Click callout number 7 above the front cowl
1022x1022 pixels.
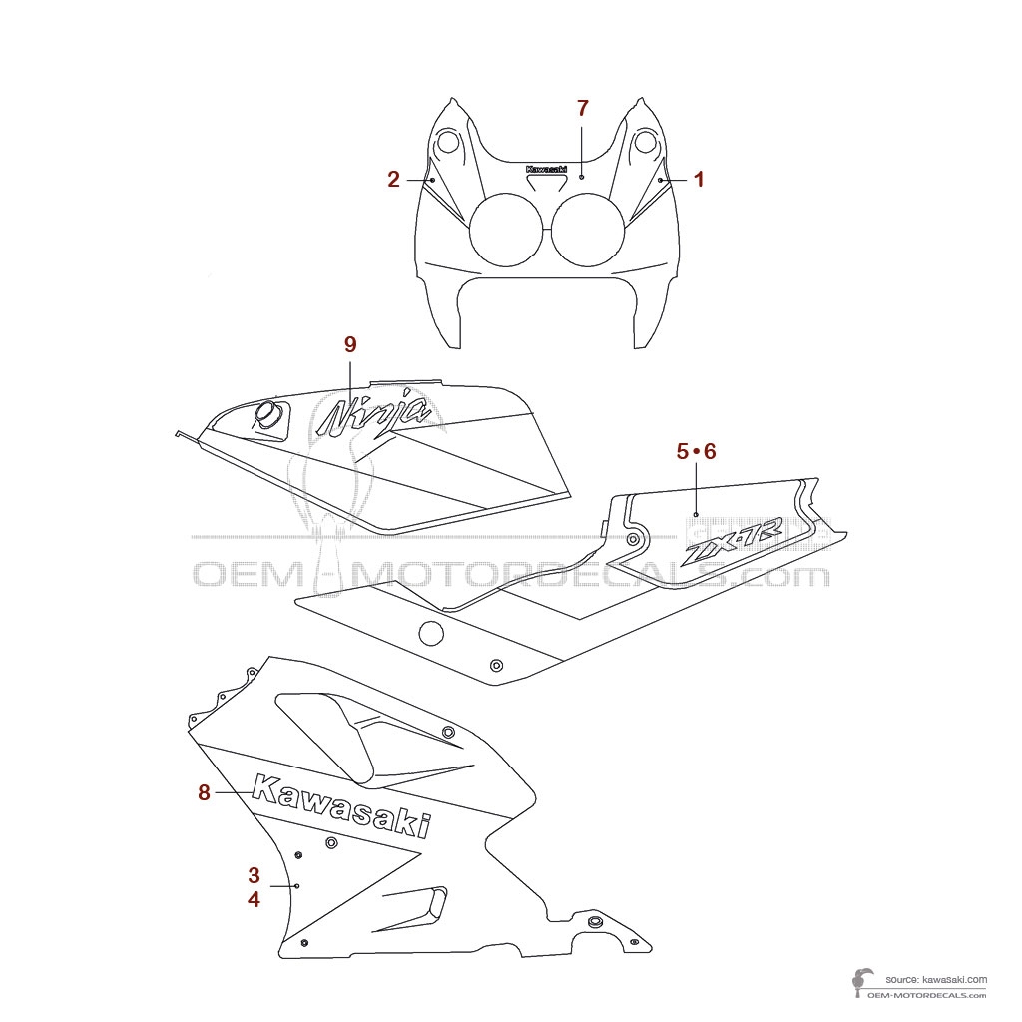coord(583,108)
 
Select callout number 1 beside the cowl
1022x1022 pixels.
coord(699,180)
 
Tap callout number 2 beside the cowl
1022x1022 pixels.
coord(394,180)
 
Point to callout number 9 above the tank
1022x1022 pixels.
coord(350,344)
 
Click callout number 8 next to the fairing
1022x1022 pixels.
coord(204,792)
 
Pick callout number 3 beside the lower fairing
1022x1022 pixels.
coord(254,875)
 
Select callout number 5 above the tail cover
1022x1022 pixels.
coord(683,451)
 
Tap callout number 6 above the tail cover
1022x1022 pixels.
coord(710,451)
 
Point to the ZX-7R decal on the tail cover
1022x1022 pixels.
coord(733,545)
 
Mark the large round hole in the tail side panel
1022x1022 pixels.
coord(431,632)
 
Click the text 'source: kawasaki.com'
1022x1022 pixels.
coord(936,980)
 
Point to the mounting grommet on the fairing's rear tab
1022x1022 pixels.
coord(596,920)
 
